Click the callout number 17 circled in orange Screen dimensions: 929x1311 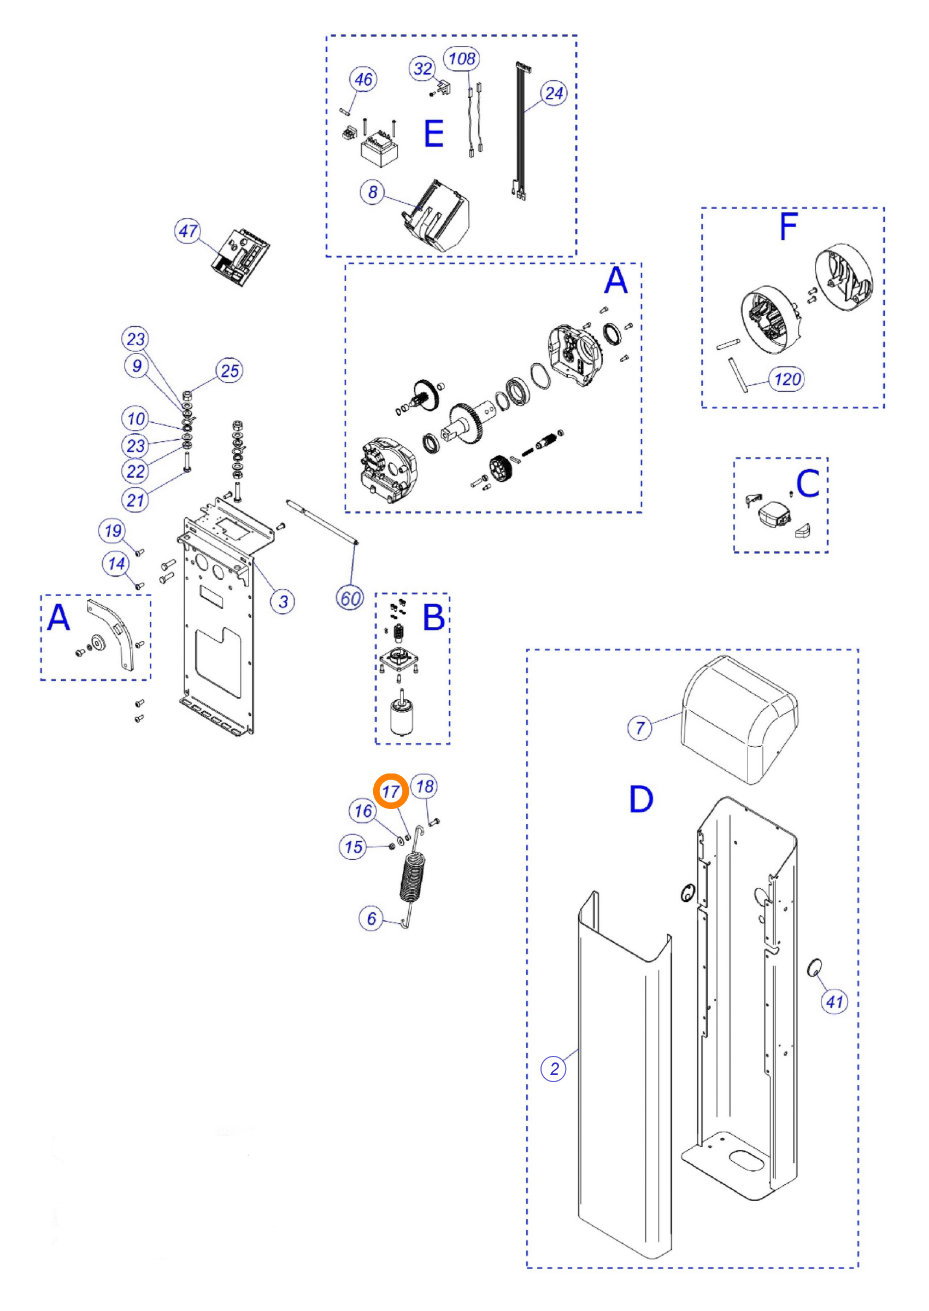point(391,792)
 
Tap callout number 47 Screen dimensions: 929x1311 point(187,231)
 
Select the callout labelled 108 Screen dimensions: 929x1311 point(462,58)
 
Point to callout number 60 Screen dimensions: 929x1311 point(350,599)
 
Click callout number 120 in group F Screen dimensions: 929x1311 point(787,379)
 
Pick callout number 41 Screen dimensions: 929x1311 point(834,1001)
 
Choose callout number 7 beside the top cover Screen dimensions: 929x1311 point(640,728)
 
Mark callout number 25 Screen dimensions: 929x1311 point(230,370)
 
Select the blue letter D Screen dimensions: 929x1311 point(640,799)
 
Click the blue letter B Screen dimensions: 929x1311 point(433,617)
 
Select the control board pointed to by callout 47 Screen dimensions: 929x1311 point(241,257)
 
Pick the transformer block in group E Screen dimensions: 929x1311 point(379,147)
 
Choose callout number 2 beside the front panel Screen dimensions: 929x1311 point(553,1068)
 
